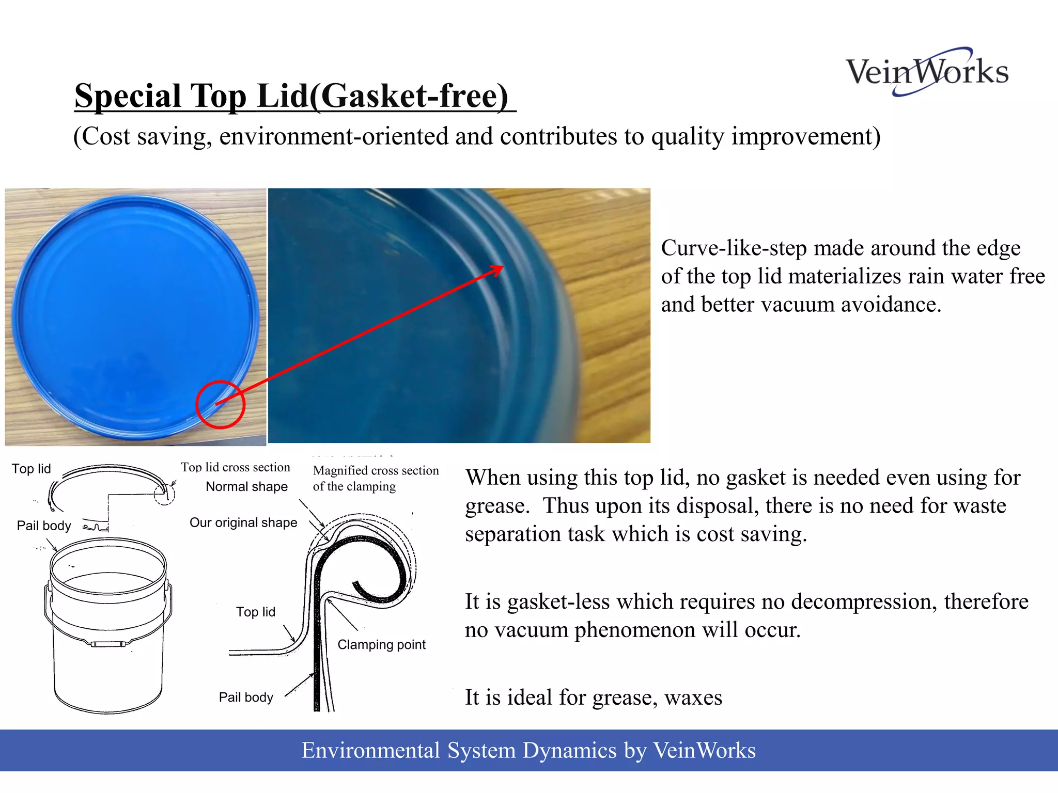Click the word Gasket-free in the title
point(411,97)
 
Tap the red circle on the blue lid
point(220,405)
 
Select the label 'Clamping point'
point(381,644)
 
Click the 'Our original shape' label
point(243,522)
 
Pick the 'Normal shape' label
point(246,486)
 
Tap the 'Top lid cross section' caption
point(236,467)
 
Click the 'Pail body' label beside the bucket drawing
point(44,526)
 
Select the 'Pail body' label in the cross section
point(246,697)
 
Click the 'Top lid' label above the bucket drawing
point(32,469)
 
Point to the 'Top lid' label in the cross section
point(256,612)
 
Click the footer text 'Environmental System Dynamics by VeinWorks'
point(528,750)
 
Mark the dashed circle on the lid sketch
point(164,495)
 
